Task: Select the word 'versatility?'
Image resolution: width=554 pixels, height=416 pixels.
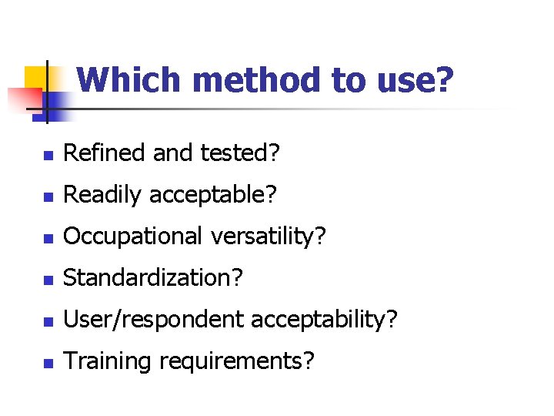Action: pyautogui.click(x=269, y=237)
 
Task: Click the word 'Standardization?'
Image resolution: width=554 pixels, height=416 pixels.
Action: pyautogui.click(x=153, y=278)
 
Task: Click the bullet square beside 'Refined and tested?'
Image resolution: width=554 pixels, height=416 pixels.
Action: pyautogui.click(x=48, y=156)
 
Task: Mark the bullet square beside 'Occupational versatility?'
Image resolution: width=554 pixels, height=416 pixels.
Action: pyautogui.click(x=48, y=239)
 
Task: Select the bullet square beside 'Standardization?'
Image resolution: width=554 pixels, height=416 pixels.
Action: pyautogui.click(x=48, y=280)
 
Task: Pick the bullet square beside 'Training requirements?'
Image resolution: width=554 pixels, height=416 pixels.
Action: pyautogui.click(x=48, y=364)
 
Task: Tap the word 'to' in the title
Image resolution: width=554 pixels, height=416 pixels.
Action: pyautogui.click(x=348, y=80)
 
